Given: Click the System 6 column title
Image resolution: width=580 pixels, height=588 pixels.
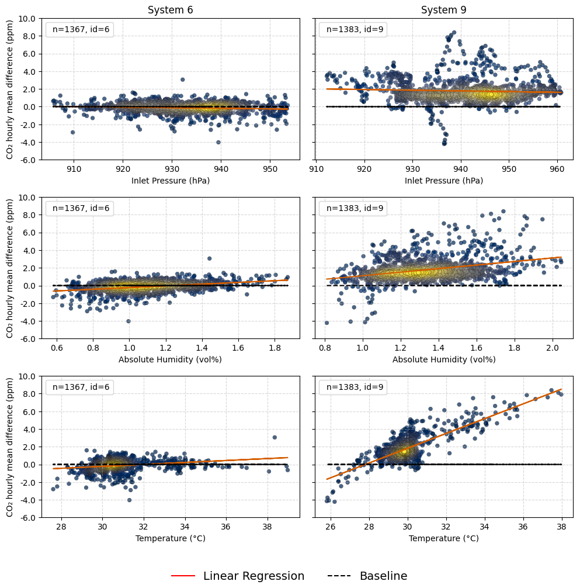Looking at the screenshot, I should (170, 10).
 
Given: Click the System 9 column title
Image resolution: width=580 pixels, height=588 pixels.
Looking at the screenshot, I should (443, 10).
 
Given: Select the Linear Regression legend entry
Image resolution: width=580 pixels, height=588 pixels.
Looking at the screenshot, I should (238, 576).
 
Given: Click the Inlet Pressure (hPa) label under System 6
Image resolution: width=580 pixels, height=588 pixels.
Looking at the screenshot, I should (170, 181).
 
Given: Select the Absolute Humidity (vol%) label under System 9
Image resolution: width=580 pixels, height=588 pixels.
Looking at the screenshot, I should (443, 359).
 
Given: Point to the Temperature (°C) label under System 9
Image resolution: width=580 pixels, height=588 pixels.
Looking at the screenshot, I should (443, 538).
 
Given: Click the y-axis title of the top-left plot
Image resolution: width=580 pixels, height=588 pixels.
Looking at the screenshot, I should (10, 89).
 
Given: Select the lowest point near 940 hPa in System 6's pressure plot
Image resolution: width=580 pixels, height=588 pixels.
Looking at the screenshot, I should (218, 142).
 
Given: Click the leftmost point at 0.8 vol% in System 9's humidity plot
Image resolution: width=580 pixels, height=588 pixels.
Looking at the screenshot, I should (327, 323).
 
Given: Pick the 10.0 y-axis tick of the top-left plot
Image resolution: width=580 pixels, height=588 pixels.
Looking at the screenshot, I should (29, 19).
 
